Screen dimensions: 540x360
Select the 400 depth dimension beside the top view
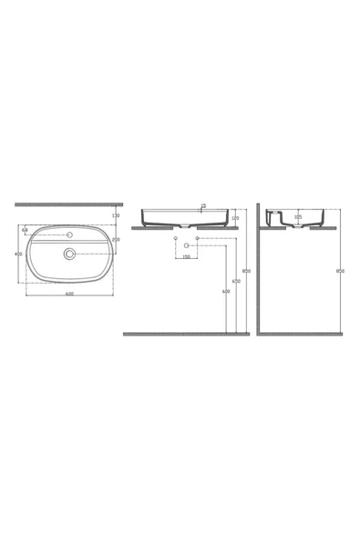[18, 254]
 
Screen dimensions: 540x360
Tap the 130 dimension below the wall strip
[116, 215]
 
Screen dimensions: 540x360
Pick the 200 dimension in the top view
[116, 239]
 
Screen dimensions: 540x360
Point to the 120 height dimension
[236, 219]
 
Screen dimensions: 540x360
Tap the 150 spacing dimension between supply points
[186, 257]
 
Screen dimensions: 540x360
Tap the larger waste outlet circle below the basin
[187, 246]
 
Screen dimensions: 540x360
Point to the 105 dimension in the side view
[297, 219]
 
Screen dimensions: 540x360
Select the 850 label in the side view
[340, 271]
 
